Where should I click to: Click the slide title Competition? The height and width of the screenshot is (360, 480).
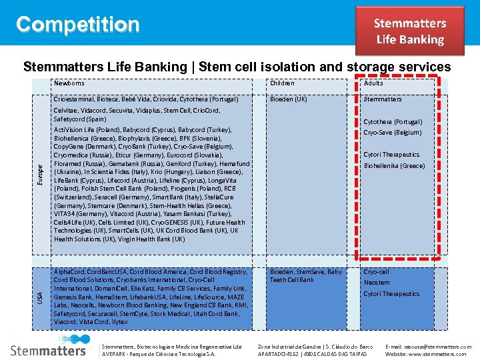coord(78,25)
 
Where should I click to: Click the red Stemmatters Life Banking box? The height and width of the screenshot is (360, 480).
coord(409,31)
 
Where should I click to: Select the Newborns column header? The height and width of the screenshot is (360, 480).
coord(69,83)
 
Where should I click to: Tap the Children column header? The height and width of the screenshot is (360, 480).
coord(282,83)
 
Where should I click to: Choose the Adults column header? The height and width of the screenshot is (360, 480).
coord(373,83)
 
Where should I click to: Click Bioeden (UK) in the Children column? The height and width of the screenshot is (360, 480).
coord(289,99)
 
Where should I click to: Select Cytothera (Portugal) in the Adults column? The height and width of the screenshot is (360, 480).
coord(393,122)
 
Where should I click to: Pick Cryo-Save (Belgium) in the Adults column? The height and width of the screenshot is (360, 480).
coord(393,133)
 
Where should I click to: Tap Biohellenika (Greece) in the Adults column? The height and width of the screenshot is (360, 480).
coord(394,166)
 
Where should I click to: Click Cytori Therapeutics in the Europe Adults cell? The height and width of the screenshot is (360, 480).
coord(391,155)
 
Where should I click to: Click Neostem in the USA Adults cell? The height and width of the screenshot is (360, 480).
coord(377,283)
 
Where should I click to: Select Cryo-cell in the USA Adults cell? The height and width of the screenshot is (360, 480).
coord(376,272)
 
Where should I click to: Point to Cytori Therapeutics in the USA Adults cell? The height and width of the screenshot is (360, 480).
coord(391,294)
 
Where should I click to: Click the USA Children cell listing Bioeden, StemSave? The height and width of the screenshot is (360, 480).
coord(305,276)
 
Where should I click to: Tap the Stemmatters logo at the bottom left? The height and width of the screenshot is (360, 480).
coord(49,349)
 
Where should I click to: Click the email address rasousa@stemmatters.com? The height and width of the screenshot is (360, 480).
coord(429,347)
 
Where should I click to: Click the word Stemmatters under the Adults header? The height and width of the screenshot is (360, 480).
coord(383,99)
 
